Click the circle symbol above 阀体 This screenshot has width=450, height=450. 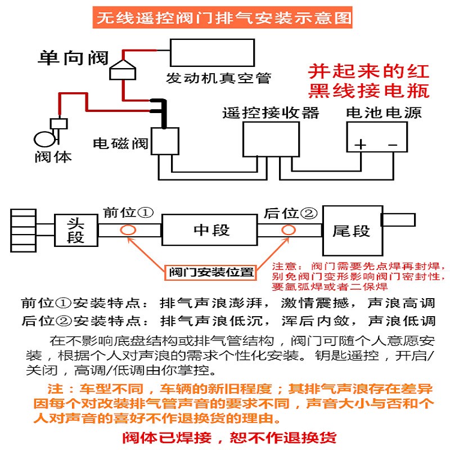(44, 138)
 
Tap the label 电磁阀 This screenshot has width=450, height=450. (120, 143)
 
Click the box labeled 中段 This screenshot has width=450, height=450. (209, 230)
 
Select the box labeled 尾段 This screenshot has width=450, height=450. (351, 230)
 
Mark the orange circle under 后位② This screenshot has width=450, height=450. (289, 230)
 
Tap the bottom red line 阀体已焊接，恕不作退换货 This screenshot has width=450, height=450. (229, 438)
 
